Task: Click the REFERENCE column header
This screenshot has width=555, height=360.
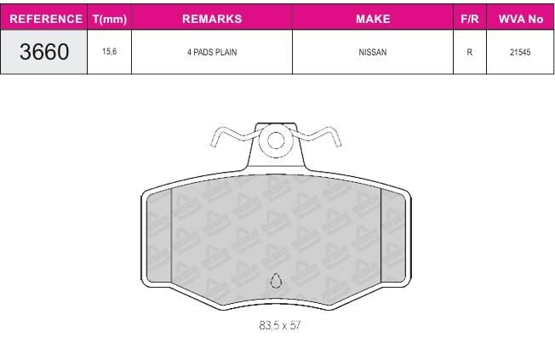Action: point(46,19)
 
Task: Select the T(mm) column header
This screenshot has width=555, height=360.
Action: point(110,19)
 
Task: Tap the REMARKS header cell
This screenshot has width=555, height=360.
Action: point(212,19)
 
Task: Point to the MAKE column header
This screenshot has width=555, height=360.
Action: point(373,19)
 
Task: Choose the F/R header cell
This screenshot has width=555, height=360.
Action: point(470,19)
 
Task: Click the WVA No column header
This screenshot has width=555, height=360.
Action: point(521,19)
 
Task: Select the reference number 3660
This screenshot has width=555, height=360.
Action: point(44,52)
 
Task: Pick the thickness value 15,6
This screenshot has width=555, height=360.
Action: point(109,51)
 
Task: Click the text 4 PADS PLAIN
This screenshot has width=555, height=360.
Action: point(212,52)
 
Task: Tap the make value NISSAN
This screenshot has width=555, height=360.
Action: point(373,52)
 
